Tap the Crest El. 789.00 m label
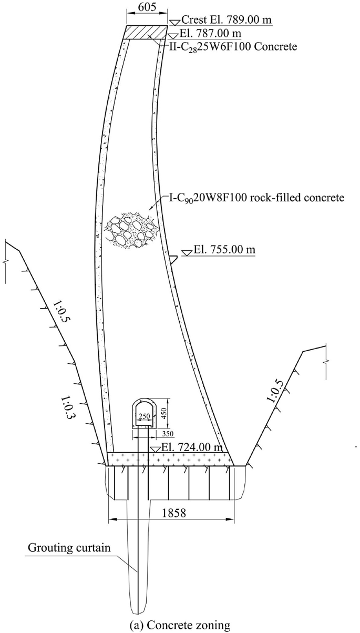tap(228, 20)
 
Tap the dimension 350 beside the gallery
tap(167, 434)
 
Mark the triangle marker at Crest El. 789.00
tap(173, 22)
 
